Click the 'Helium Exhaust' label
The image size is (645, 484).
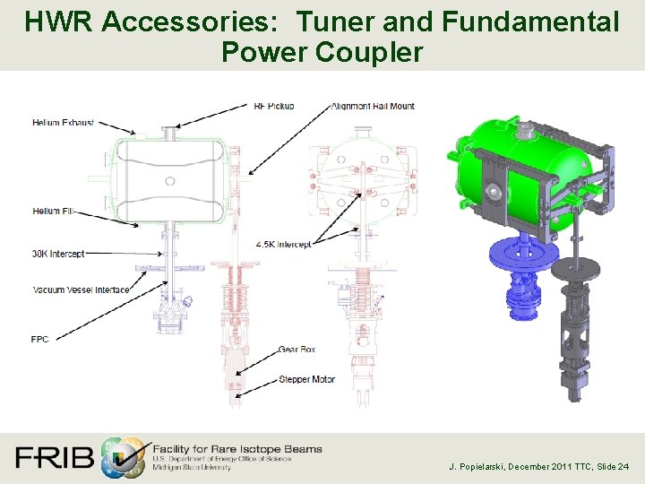(x=63, y=122)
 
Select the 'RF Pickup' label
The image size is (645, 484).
(x=273, y=106)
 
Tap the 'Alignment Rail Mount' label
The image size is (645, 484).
(x=373, y=106)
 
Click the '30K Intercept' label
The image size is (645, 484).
(x=58, y=254)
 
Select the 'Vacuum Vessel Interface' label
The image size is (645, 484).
(x=81, y=290)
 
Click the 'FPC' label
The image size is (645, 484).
(x=41, y=340)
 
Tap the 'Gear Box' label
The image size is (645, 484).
(x=297, y=350)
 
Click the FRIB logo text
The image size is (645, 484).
(x=54, y=458)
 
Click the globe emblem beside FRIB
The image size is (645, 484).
(x=123, y=458)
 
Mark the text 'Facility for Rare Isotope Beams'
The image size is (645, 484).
(x=237, y=448)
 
